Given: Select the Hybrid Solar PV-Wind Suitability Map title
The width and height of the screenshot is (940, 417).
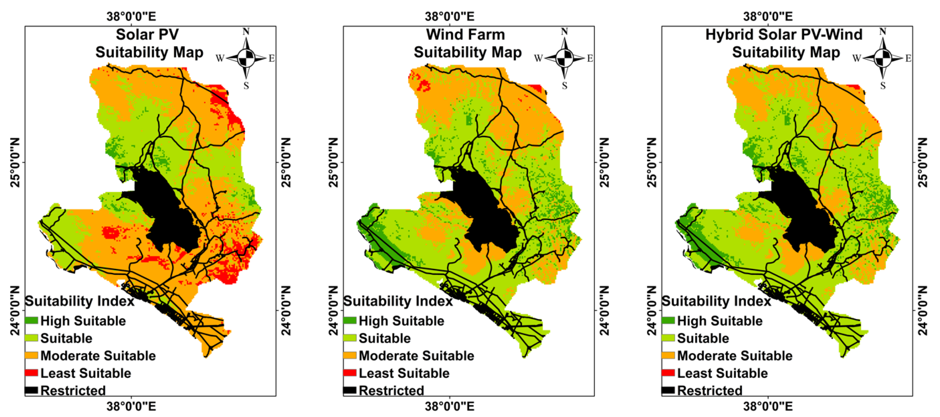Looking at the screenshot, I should click(x=784, y=43).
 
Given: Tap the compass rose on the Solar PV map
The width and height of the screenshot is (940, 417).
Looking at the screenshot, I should click(x=246, y=58).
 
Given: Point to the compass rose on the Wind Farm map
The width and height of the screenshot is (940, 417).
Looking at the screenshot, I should click(x=564, y=58).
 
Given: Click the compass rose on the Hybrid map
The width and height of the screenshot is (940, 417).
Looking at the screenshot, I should click(x=883, y=58).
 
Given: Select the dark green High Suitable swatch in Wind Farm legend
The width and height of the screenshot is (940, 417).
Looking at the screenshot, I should click(x=350, y=321).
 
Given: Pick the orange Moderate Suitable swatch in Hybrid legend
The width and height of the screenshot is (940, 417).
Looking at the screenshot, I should click(x=668, y=355).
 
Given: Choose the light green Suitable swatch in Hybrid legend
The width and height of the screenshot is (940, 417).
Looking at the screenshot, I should click(x=668, y=338).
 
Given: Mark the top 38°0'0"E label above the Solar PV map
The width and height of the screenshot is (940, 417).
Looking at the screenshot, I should click(x=131, y=16).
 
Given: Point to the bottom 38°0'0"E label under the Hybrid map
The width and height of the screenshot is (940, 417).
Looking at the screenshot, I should click(x=768, y=406).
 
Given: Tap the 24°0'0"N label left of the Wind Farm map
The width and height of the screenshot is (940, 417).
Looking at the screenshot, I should click(x=333, y=310).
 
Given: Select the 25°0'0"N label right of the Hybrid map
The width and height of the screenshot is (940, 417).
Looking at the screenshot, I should click(x=923, y=162).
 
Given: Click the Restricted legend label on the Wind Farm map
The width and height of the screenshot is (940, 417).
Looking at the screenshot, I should click(x=391, y=390).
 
